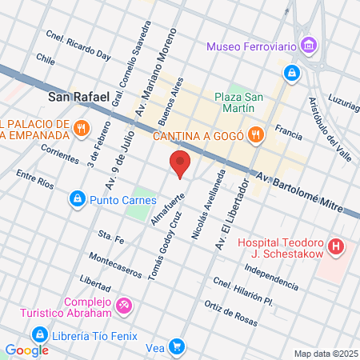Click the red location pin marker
(x=181, y=164)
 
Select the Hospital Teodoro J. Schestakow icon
(x=337, y=246)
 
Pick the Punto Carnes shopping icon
(x=77, y=198)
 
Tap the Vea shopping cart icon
(x=177, y=348)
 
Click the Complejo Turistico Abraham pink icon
(x=124, y=305)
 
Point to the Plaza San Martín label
(x=234, y=102)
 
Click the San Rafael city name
(x=74, y=98)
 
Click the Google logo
(x=26, y=350)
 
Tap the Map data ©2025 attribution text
(x=324, y=354)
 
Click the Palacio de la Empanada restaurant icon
(x=80, y=128)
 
